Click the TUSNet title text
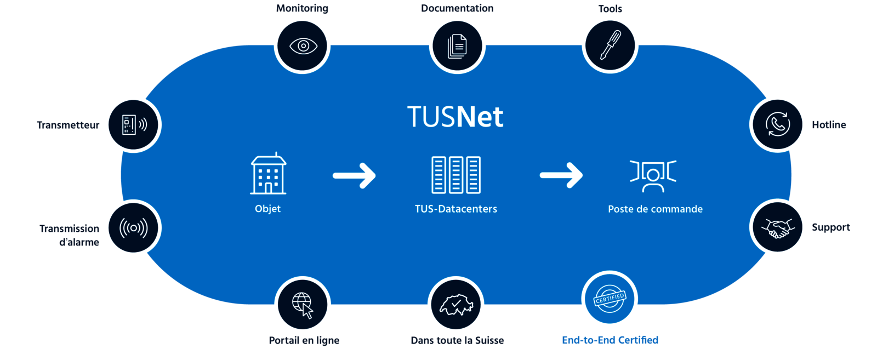click(x=455, y=117)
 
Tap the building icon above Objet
click(x=268, y=174)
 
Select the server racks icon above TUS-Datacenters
click(x=456, y=175)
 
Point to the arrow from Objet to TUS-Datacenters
click(x=354, y=175)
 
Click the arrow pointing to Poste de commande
click(x=561, y=175)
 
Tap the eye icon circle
click(x=303, y=45)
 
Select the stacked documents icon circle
click(x=457, y=45)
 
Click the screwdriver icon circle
click(x=610, y=45)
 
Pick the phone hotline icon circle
click(x=777, y=124)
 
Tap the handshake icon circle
click(x=777, y=227)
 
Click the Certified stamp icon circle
click(x=610, y=299)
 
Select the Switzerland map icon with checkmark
click(x=456, y=304)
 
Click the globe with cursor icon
click(x=303, y=304)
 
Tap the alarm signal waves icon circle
click(x=133, y=227)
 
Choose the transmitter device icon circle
click(x=133, y=124)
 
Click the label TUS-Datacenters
click(x=456, y=209)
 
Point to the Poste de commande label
click(x=655, y=209)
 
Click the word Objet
click(x=267, y=209)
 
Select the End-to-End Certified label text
click(x=610, y=340)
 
